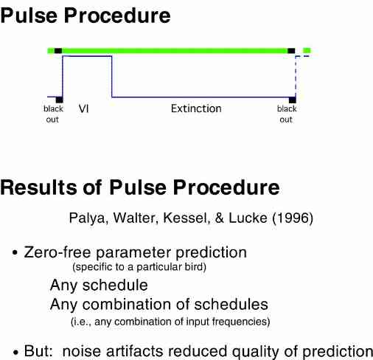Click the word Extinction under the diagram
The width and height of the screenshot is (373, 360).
[x=196, y=108]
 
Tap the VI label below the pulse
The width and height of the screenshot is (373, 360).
[x=84, y=108]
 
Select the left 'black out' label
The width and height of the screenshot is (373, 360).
[x=53, y=114]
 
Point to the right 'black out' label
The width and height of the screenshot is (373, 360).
[x=287, y=114]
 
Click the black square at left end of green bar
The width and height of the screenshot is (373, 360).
[x=58, y=51]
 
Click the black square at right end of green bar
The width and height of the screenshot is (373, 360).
[x=291, y=51]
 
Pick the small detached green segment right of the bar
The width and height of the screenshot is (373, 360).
[x=307, y=51]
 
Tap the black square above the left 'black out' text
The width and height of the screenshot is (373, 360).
[x=60, y=100]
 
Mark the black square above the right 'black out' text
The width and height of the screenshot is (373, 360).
[x=293, y=100]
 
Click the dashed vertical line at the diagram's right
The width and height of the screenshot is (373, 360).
[x=296, y=76]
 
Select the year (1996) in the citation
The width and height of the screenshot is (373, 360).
[x=293, y=218]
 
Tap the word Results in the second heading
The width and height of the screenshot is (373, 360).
[x=39, y=187]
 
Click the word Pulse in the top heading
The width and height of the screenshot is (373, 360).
[x=29, y=15]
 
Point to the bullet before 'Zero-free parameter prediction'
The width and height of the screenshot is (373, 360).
[x=15, y=253]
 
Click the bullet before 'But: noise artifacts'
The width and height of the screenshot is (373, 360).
[x=15, y=353]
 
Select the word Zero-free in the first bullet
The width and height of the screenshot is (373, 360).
[x=57, y=252]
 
